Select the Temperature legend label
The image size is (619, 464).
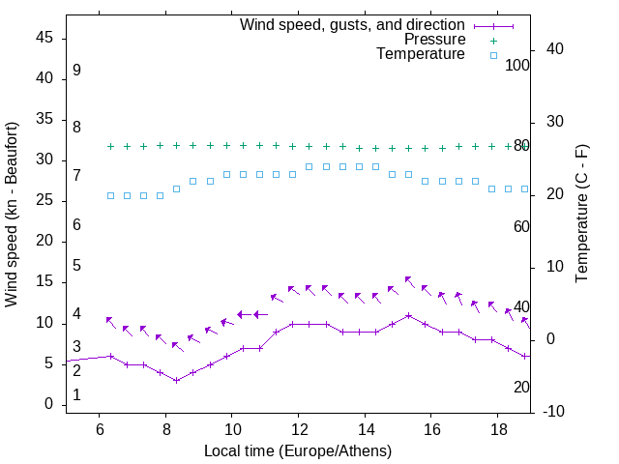[421, 54]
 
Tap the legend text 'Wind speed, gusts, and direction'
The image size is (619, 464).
[353, 25]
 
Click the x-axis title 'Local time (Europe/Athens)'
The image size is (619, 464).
[298, 450]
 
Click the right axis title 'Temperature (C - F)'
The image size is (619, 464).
[581, 215]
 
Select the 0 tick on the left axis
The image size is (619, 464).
[48, 405]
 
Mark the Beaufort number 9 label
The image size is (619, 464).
[76, 71]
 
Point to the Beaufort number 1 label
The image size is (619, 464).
[76, 395]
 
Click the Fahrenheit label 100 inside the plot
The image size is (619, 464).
[517, 65]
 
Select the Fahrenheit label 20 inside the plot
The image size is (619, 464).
[521, 387]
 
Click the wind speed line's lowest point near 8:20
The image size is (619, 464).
[176, 380]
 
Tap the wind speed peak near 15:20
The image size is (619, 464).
[409, 315]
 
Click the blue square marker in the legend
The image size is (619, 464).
[493, 55]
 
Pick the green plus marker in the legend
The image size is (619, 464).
[493, 41]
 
